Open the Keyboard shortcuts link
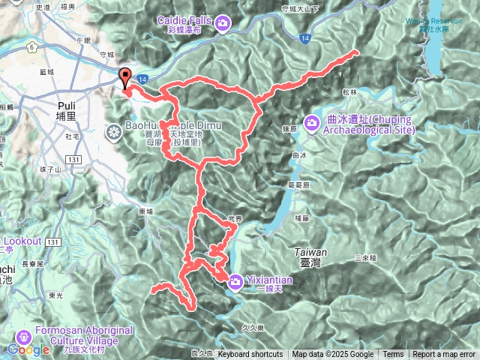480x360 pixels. (x=250, y=355)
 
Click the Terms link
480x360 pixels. (x=393, y=355)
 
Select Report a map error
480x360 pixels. (x=444, y=355)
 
